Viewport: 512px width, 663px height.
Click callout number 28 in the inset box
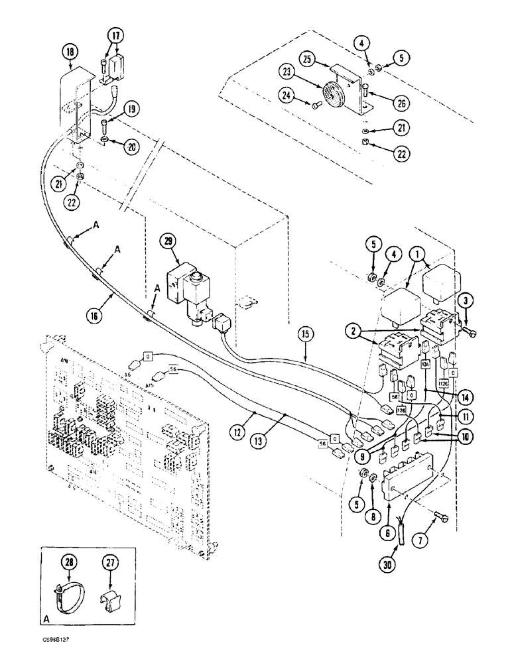click(x=68, y=563)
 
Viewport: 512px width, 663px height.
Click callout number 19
click(x=131, y=109)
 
